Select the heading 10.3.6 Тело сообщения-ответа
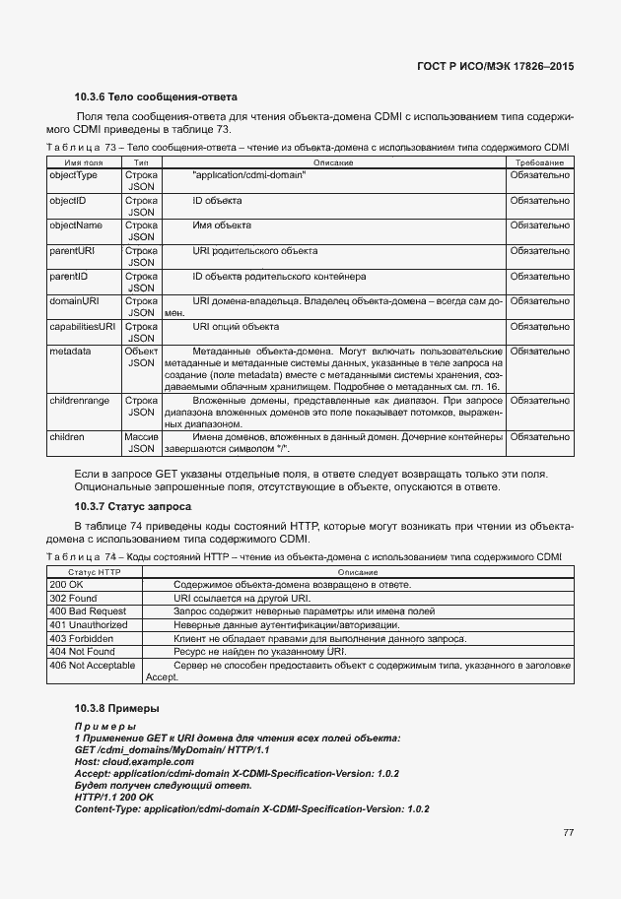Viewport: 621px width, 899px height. pos(157,97)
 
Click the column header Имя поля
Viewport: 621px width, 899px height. pos(84,161)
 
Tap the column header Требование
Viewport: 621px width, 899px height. pos(539,161)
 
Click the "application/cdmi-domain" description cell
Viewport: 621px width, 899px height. pos(249,174)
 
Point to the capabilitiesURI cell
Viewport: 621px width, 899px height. pos(83,326)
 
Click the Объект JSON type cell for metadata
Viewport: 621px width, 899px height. pos(141,356)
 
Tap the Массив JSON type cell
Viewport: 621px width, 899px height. pos(141,442)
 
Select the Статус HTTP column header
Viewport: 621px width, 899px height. pos(94,572)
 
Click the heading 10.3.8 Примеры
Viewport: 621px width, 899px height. pos(117,709)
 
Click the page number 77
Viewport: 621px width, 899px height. pos(568,833)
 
